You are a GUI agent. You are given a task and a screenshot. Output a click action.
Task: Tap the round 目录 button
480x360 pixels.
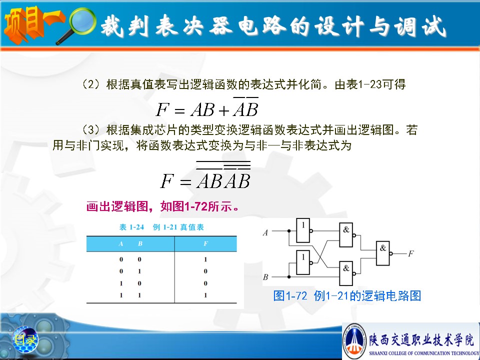click(x=25, y=339)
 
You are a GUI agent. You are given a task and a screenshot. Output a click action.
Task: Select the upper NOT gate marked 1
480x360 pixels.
click(x=303, y=230)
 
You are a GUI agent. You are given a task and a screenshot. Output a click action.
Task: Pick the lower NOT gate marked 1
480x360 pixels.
click(x=303, y=262)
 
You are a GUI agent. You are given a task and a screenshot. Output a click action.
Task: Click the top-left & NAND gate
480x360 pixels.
click(x=346, y=235)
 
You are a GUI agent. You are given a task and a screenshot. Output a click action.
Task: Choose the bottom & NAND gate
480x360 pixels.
click(x=346, y=273)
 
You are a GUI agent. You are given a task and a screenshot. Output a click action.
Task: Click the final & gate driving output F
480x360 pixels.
click(x=383, y=253)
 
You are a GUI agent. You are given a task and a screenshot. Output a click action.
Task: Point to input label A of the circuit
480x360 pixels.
click(x=265, y=233)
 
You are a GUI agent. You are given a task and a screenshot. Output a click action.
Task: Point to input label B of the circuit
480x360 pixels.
click(x=265, y=277)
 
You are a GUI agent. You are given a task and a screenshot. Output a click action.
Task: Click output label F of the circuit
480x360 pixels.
click(x=411, y=253)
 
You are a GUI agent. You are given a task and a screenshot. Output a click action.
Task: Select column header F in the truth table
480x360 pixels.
click(x=205, y=243)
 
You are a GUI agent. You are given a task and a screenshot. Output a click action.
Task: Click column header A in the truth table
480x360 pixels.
click(x=121, y=243)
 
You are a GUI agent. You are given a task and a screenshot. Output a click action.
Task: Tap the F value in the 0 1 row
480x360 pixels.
click(x=205, y=271)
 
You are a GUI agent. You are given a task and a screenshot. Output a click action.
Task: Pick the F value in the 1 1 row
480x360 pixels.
click(x=205, y=295)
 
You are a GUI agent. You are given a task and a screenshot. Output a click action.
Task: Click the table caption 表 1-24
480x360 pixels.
click(x=131, y=227)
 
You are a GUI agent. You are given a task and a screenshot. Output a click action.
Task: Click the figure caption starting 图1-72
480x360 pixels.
click(x=347, y=295)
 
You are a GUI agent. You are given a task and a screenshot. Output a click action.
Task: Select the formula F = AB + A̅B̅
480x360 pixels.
click(x=207, y=107)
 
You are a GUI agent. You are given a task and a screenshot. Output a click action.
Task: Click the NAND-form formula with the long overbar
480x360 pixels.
click(x=205, y=175)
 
